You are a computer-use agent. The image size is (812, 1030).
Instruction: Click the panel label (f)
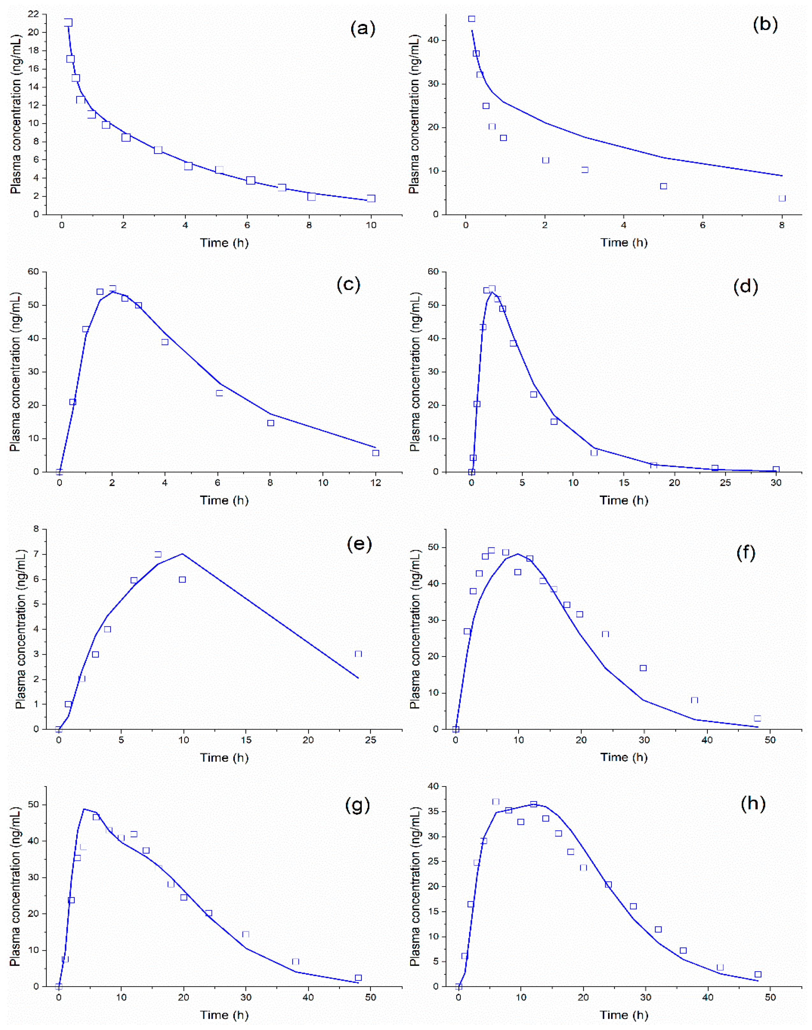coord(745,553)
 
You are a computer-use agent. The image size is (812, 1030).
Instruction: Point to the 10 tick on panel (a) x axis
coord(371,225)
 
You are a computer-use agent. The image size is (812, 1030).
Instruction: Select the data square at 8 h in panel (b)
coord(782,198)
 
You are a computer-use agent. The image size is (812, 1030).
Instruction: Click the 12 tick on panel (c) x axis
coord(376,483)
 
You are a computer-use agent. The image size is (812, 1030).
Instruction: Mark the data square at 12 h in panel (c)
coord(376,453)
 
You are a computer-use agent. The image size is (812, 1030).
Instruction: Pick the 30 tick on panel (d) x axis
coord(776,483)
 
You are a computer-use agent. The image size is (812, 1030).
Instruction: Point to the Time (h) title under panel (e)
coord(224,757)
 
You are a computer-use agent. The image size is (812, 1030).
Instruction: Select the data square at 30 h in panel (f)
coord(643,668)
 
